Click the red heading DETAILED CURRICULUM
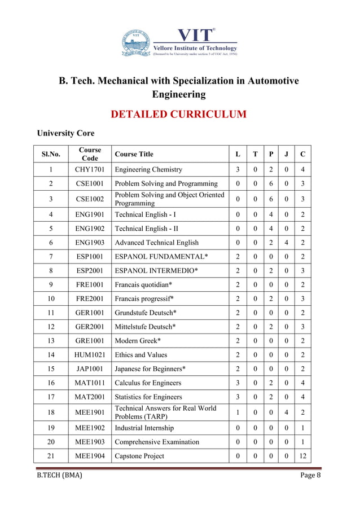point(179,115)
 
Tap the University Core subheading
point(65,133)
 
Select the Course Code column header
point(90,154)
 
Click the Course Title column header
point(134,154)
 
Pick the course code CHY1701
point(90,169)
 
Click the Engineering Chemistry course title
point(148,169)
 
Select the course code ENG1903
point(90,243)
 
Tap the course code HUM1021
point(90,355)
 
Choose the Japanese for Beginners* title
point(150,369)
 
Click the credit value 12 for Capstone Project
point(304,456)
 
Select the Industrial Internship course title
point(144,428)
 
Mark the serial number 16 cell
point(51,384)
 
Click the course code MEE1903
point(90,442)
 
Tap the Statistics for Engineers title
point(148,397)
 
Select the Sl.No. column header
point(51,154)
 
